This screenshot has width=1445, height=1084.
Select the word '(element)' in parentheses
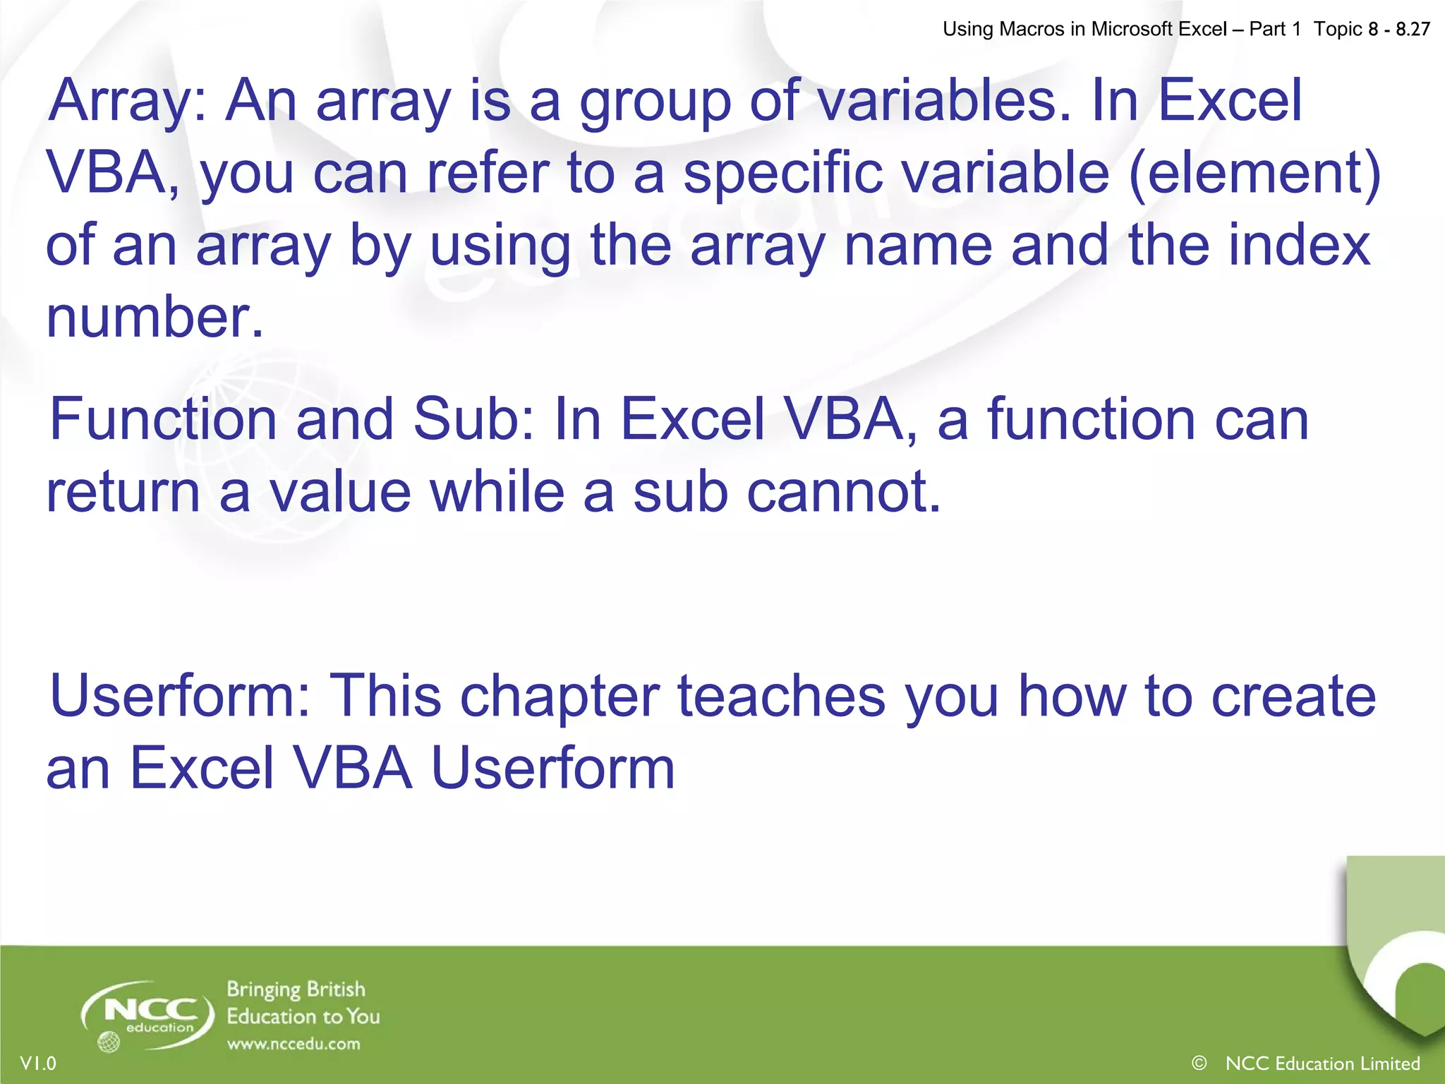pyautogui.click(x=1254, y=174)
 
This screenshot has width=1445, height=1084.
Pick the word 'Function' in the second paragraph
pyautogui.click(x=163, y=420)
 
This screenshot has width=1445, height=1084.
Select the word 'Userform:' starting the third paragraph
pyautogui.click(x=180, y=697)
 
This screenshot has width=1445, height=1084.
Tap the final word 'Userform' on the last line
pyautogui.click(x=552, y=769)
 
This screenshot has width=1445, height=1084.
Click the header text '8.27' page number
pyautogui.click(x=1413, y=29)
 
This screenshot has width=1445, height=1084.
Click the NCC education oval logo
pyautogui.click(x=147, y=1015)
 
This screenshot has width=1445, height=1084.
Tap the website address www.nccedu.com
pyautogui.click(x=294, y=1044)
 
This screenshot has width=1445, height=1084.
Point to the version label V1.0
pyautogui.click(x=38, y=1064)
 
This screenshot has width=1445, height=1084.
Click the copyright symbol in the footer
pyautogui.click(x=1199, y=1063)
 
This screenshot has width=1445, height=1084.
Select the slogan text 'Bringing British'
pyautogui.click(x=296, y=989)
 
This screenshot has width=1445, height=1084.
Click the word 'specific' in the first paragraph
pyautogui.click(x=782, y=174)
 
